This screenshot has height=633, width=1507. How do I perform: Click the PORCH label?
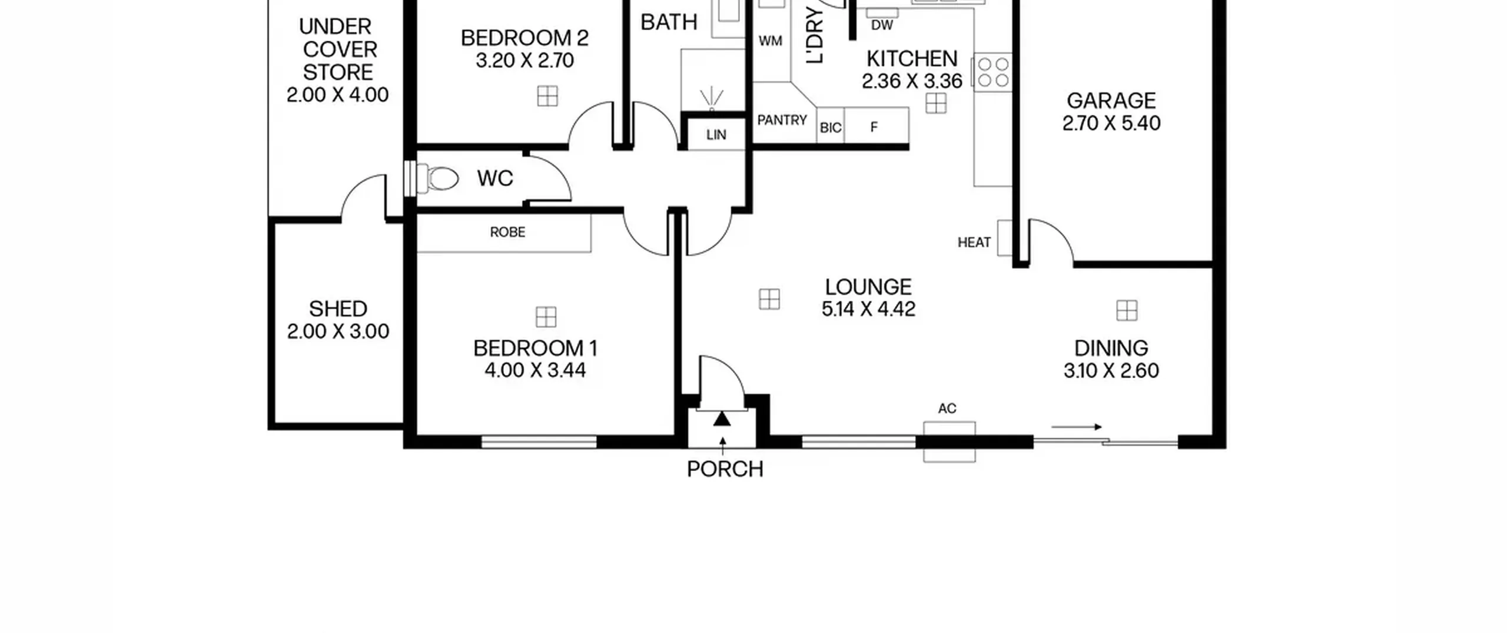[x=725, y=469]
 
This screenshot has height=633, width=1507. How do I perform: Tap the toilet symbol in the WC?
[x=437, y=178]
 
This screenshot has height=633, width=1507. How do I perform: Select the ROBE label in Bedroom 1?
[x=507, y=232]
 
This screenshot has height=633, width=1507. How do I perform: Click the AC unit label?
[x=947, y=408]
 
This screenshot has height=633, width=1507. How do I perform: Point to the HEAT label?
[x=974, y=243]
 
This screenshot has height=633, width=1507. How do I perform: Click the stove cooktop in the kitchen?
[x=994, y=72]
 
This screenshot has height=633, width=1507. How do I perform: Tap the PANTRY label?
[x=782, y=120]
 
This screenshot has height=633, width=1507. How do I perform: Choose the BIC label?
[x=831, y=128]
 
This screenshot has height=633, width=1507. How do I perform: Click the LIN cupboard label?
[x=716, y=135]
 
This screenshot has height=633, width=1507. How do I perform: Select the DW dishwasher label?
[x=882, y=25]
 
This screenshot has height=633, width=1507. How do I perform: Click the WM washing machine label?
[x=771, y=41]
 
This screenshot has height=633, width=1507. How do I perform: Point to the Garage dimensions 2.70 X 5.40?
[x=1111, y=123]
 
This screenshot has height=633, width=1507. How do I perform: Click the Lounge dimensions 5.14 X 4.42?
[x=868, y=309]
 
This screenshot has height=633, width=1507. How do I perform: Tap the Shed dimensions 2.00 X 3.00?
[x=338, y=332]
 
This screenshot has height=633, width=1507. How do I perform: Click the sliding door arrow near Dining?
[x=1076, y=427]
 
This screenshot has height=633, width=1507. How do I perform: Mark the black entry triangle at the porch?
[x=722, y=419]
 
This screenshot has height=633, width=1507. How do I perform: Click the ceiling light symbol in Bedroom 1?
[x=546, y=317]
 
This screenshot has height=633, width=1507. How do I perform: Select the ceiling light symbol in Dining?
[x=1127, y=310]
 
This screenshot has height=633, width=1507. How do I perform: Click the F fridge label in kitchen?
[x=874, y=127]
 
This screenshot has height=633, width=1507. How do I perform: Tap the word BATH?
[x=669, y=22]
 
